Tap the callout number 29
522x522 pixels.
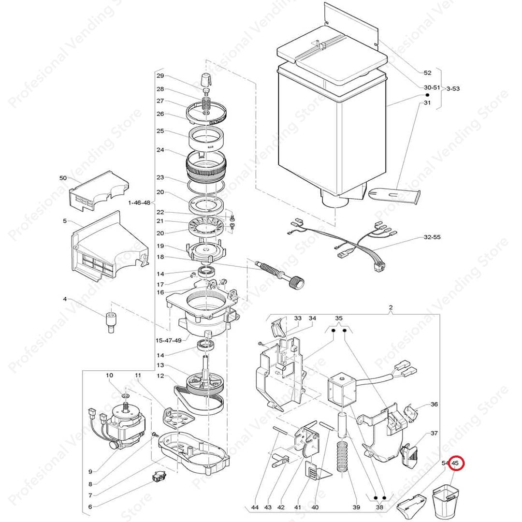(x=160, y=76)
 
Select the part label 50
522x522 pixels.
(x=63, y=178)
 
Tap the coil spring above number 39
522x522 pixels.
(x=342, y=455)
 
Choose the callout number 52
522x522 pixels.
(x=427, y=72)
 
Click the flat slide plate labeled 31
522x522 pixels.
(x=394, y=195)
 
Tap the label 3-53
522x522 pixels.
(x=453, y=88)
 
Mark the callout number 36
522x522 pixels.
(x=434, y=404)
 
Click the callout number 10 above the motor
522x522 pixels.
(x=110, y=375)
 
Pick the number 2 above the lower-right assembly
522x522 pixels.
(x=391, y=307)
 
